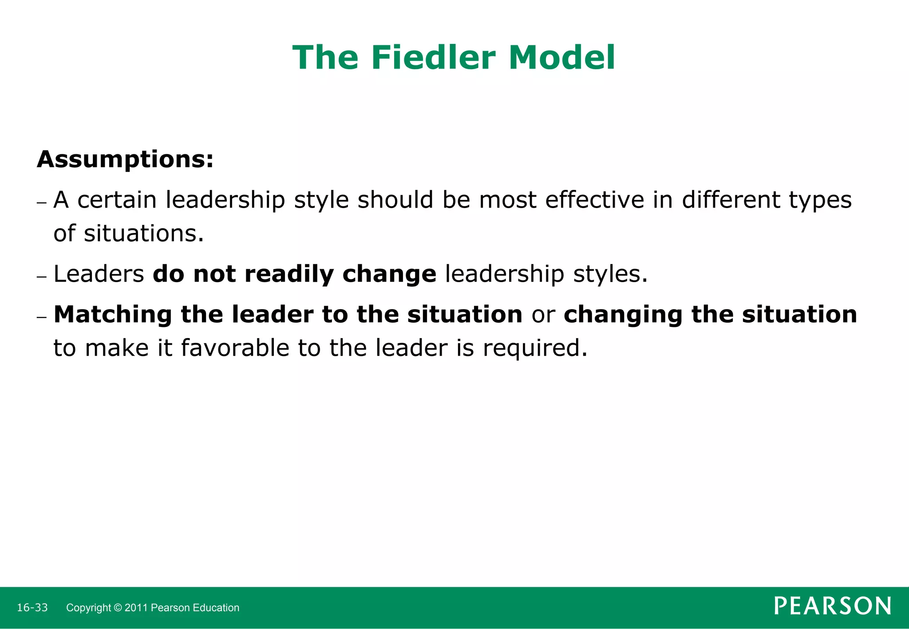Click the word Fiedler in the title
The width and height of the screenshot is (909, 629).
[433, 58]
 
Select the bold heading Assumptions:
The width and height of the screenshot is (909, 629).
[125, 159]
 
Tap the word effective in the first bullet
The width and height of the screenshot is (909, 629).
[595, 200]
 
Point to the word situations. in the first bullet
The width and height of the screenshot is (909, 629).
[144, 233]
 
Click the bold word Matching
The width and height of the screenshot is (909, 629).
[113, 315]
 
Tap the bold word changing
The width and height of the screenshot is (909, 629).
[623, 315]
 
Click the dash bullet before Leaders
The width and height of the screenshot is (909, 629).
[42, 277]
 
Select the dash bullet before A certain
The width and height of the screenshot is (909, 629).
[42, 203]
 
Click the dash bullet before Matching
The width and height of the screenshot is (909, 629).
[42, 318]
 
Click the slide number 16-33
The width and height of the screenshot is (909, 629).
[32, 608]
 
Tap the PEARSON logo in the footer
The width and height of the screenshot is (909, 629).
[833, 606]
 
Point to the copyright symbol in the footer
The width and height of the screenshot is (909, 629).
[118, 608]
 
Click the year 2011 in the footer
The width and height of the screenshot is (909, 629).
[136, 608]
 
